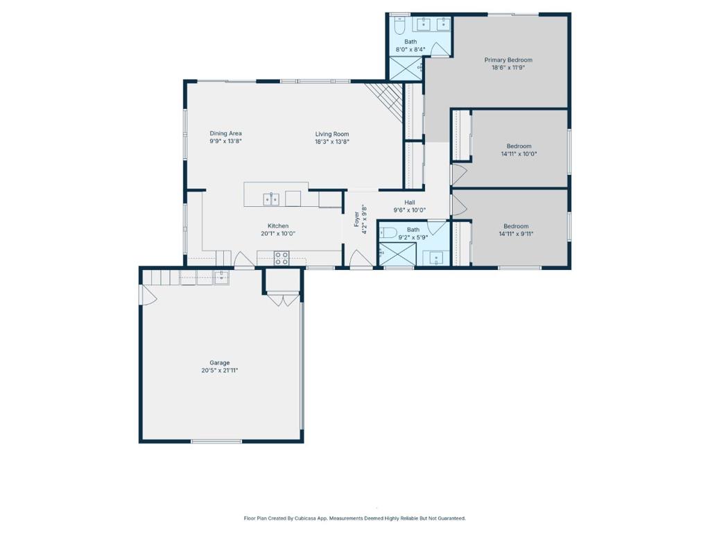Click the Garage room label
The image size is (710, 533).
point(220,362)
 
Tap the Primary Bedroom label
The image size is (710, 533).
point(508,60)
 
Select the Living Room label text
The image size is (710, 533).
point(332,134)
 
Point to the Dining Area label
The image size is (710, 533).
point(225,133)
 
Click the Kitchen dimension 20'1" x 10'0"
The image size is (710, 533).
point(278,234)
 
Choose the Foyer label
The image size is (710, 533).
point(356,219)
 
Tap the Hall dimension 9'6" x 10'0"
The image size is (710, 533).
point(409,210)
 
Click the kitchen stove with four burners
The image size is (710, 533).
point(282,258)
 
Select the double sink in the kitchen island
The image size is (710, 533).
point(271,199)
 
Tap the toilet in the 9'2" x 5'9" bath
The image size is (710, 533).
point(388,232)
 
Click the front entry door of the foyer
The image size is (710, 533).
point(361,260)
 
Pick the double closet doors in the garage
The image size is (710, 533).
point(283,299)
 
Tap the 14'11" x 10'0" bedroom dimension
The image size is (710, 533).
point(519,154)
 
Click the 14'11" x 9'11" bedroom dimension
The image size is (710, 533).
point(516,235)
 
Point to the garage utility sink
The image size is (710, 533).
point(221,278)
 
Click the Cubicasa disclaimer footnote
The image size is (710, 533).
point(354,518)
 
